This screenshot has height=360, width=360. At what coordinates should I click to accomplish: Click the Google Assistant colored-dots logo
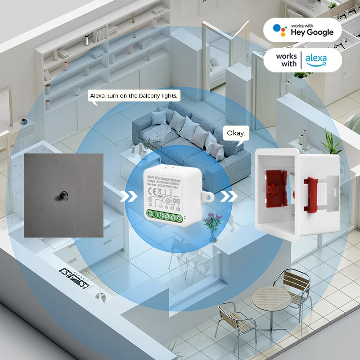pyautogui.click(x=280, y=29)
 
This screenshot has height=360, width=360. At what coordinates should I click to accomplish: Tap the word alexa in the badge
pyautogui.click(x=316, y=59)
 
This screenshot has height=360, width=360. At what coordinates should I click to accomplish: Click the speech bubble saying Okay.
pyautogui.click(x=236, y=133)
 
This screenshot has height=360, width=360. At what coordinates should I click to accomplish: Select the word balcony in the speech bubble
pyautogui.click(x=148, y=96)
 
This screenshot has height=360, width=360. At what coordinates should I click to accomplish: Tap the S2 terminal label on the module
pyautogui.click(x=179, y=208)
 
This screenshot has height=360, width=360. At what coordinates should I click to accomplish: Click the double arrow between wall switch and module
pyautogui.click(x=129, y=197)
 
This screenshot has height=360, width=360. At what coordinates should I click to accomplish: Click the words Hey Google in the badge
pyautogui.click(x=312, y=32)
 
